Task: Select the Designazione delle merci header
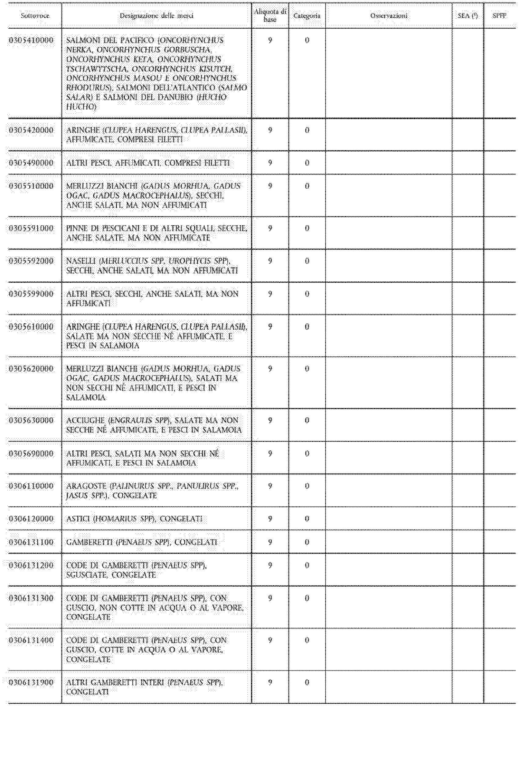point(156,16)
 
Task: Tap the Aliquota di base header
point(270,16)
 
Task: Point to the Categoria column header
point(307,16)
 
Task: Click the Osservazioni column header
point(389,16)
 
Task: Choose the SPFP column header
point(499,16)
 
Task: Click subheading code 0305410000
point(31,40)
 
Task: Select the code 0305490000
point(31,163)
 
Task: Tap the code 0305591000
point(31,228)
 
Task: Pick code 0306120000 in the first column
point(31,518)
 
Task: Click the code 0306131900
point(31,682)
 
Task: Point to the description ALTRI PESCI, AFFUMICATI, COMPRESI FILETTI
point(148,163)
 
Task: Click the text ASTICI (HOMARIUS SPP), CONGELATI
point(134,518)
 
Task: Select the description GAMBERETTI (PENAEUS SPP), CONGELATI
point(141,542)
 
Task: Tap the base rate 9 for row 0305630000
point(270,420)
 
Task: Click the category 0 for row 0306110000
point(307,486)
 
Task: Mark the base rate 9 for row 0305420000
point(270,130)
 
